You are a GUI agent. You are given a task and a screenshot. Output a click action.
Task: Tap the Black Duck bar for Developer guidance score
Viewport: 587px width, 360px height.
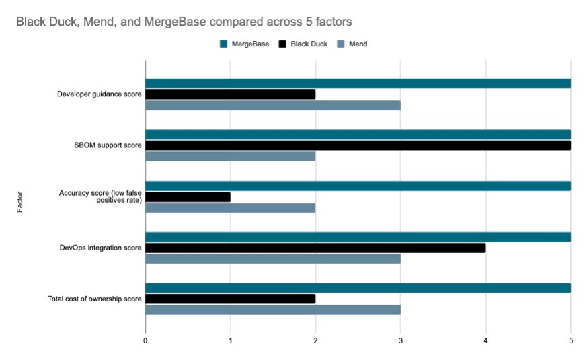(x=230, y=94)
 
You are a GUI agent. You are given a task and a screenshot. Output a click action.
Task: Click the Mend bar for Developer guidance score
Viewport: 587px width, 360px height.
(x=272, y=105)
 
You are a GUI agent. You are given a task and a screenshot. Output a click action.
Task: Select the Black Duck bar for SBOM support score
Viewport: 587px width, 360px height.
(x=358, y=145)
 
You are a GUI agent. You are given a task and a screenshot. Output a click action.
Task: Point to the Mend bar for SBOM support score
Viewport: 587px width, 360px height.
(x=230, y=156)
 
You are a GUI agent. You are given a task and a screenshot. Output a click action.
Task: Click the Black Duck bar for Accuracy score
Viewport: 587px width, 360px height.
(x=188, y=197)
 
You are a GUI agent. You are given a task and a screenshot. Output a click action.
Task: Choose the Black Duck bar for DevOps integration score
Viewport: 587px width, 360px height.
(x=315, y=248)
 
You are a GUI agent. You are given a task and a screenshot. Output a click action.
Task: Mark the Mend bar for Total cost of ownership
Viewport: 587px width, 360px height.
(x=272, y=310)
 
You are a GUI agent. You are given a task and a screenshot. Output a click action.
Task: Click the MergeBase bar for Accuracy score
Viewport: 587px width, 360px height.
(x=358, y=186)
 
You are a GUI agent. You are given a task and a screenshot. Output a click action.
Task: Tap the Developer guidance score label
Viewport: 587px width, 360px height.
(x=99, y=94)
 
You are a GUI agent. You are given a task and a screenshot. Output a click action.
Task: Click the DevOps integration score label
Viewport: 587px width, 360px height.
(x=101, y=248)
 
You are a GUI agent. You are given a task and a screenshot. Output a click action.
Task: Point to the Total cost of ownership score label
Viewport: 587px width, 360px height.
(x=95, y=299)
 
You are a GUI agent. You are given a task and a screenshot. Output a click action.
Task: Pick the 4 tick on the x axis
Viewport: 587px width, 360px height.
(x=485, y=341)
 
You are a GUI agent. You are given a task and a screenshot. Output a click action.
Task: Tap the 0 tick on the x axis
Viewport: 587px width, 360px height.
(x=145, y=341)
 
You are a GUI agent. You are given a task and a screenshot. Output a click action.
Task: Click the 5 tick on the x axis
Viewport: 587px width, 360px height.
(x=570, y=341)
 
